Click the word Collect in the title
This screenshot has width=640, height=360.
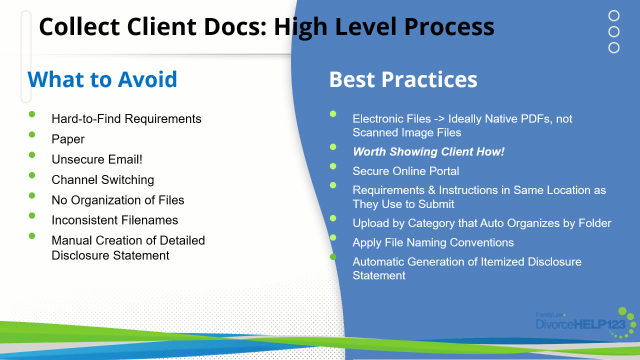[x=79, y=26]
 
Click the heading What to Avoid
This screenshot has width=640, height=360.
[x=102, y=79]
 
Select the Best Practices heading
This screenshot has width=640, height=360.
[x=403, y=79]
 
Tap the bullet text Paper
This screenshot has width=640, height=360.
[x=68, y=139]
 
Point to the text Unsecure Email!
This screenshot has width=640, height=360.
[x=97, y=159]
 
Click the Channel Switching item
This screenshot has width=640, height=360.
[x=103, y=179]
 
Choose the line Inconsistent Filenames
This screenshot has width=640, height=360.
[x=115, y=220]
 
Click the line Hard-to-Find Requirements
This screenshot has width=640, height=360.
[x=126, y=119]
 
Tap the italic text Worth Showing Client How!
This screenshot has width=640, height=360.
[x=428, y=151]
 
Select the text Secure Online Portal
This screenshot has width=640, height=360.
[x=405, y=171]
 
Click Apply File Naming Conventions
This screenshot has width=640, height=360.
[x=433, y=242]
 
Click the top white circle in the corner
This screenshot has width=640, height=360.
[x=614, y=15]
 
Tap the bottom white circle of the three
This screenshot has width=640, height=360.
[x=614, y=47]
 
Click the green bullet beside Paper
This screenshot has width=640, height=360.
[x=32, y=134]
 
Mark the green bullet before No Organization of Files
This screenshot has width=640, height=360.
[x=32, y=195]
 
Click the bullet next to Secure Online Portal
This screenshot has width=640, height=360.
[x=333, y=166]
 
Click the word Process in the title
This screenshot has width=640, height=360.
[x=449, y=26]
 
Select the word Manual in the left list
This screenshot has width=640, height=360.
[x=71, y=240]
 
